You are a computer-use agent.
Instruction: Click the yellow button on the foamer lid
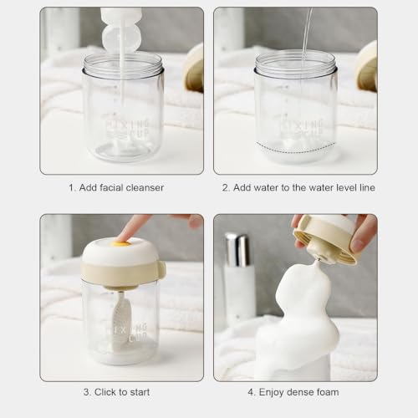(125, 244)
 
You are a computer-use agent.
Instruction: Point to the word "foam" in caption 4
(328, 392)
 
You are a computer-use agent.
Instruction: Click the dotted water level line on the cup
(296, 148)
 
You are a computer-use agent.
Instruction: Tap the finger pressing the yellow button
(131, 227)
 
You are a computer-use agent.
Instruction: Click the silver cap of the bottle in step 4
(237, 250)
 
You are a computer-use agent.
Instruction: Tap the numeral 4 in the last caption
(250, 392)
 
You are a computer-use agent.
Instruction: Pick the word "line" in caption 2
(367, 187)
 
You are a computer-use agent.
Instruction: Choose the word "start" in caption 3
(140, 392)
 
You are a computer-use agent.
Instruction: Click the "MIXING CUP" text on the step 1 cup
(128, 129)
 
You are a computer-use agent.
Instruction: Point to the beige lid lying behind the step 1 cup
(194, 69)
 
